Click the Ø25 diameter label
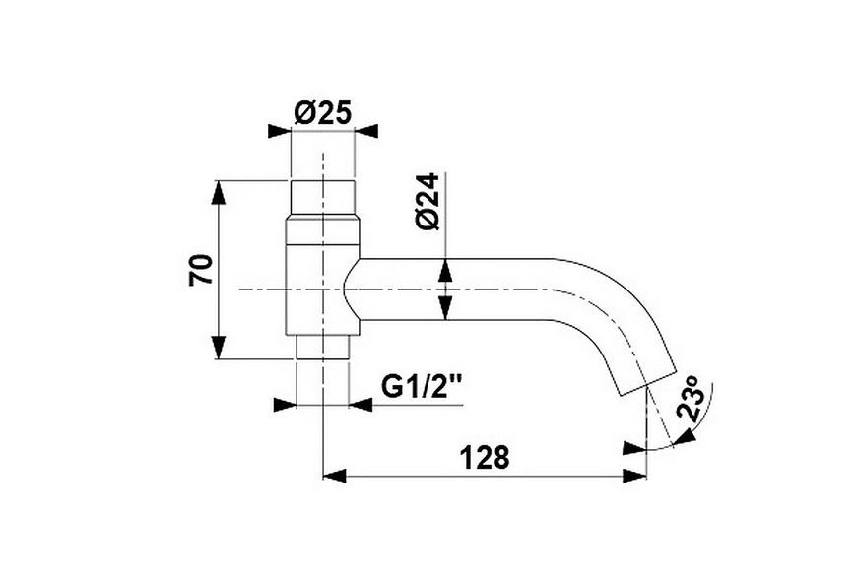coord(322,113)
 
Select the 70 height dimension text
coord(201,269)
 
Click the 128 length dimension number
coord(485,457)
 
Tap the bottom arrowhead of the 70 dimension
coord(218,348)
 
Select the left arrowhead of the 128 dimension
coord(335,476)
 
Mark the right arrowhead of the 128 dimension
coord(634,476)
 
